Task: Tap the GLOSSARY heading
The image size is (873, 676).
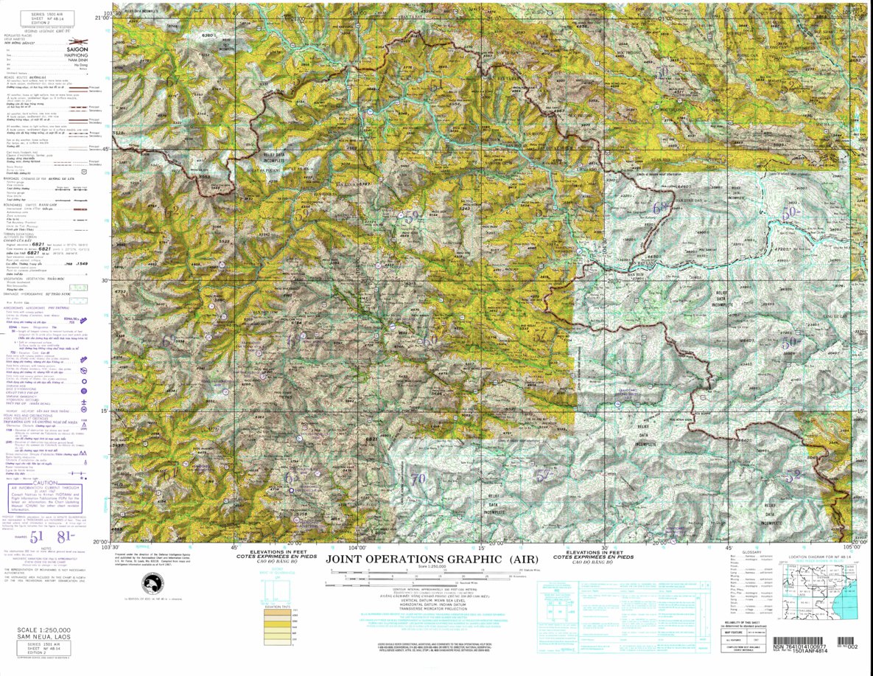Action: pos(751,551)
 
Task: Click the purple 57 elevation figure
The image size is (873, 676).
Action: pos(542,477)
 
